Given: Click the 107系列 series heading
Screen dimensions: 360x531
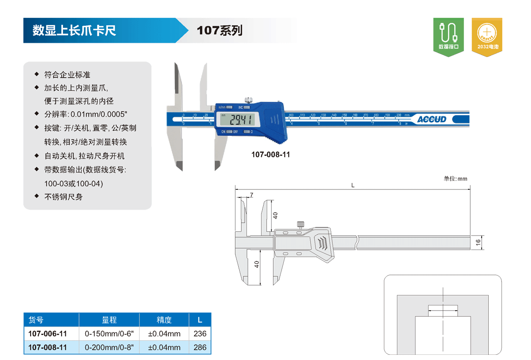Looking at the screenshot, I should [219, 31].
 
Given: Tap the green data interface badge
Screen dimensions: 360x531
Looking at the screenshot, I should [448, 37].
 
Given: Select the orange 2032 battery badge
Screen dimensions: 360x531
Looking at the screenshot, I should [487, 37].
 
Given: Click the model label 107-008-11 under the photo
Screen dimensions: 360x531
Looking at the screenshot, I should [271, 154].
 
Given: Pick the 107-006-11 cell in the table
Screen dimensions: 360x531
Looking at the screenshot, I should [48, 334].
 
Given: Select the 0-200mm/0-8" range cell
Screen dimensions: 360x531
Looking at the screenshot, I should [109, 348].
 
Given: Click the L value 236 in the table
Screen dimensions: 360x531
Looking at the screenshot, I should [200, 334].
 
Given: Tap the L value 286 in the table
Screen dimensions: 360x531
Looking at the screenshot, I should [200, 348].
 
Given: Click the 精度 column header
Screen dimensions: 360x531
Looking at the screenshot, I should [164, 320].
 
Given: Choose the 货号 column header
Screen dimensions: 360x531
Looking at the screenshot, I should [36, 320].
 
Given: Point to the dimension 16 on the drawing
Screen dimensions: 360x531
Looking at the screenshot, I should [478, 243].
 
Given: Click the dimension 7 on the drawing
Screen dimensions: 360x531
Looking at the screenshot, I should [252, 195].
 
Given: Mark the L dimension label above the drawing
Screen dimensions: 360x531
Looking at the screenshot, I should [352, 185].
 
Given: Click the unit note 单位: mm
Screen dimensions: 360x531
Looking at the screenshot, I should [455, 179].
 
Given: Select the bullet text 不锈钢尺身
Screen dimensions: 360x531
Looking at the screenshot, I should [63, 197].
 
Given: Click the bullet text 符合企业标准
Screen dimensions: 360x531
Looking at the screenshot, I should [67, 75].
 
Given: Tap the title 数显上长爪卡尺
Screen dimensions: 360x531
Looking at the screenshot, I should [74, 31].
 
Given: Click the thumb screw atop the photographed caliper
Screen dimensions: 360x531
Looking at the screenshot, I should [248, 99].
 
